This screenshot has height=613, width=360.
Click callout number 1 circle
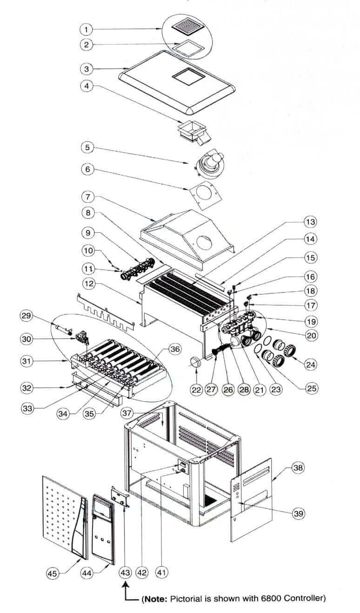(x=86, y=29)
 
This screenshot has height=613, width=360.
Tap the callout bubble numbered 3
(x=86, y=69)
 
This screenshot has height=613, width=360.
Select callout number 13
(x=309, y=221)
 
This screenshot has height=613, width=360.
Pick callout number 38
(x=296, y=469)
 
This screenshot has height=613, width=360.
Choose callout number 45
(x=53, y=573)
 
